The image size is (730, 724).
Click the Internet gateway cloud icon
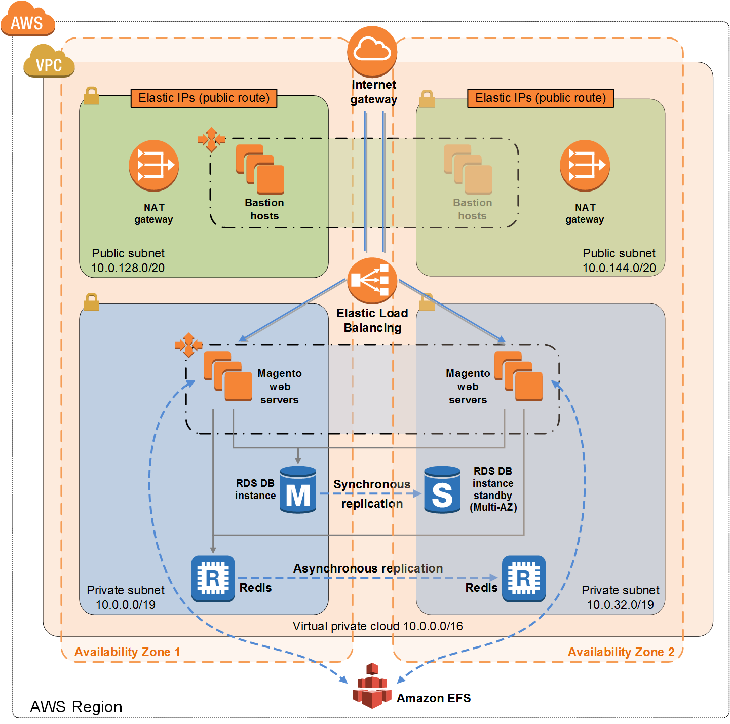[x=372, y=51]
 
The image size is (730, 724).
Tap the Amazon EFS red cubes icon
[x=372, y=687]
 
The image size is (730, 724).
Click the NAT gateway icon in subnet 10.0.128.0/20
[x=153, y=165]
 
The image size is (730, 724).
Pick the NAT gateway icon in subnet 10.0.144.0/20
[x=585, y=165]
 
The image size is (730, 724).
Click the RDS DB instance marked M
[x=298, y=490]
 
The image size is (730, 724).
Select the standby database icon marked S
[x=442, y=490]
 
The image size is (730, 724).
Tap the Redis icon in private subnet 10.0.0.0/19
[x=213, y=578]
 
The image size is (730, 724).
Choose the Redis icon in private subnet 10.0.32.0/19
[x=523, y=578]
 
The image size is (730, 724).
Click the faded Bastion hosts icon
[x=468, y=170]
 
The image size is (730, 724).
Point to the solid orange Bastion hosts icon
[x=260, y=170]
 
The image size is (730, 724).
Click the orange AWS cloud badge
[x=27, y=20]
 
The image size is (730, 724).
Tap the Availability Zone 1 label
[x=127, y=652]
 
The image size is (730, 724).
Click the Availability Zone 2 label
[x=621, y=652]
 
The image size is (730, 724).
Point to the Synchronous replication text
[x=372, y=494]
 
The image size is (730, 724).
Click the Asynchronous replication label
[x=368, y=568]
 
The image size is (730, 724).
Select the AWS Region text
[x=76, y=707]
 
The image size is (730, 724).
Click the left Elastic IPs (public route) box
[x=204, y=98]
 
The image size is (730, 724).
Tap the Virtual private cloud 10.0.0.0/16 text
[x=377, y=626]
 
